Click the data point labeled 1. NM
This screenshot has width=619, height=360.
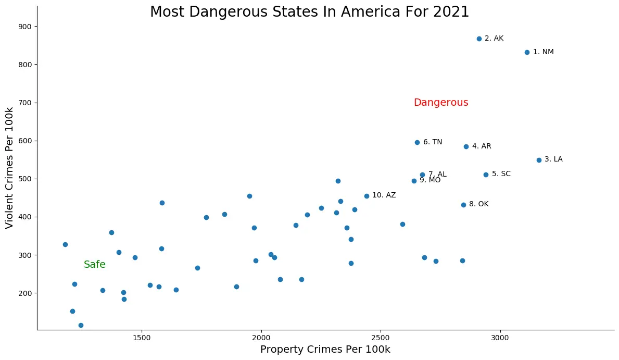tap(527, 52)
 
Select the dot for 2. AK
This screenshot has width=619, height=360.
tap(479, 39)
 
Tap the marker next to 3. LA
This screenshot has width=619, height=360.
tap(539, 160)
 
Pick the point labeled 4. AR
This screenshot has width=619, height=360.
tap(466, 146)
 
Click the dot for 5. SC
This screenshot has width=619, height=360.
tap(486, 175)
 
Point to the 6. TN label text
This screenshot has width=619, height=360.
tap(433, 142)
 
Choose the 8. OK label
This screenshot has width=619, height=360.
tap(479, 204)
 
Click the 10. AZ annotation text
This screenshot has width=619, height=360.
tap(384, 195)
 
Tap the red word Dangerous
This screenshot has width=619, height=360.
tap(441, 103)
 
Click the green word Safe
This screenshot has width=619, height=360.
tap(95, 265)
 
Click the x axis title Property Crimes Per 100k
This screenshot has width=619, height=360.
tap(325, 350)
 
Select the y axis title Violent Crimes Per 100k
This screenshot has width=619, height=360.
tap(9, 167)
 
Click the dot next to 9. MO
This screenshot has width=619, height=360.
tap(414, 181)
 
